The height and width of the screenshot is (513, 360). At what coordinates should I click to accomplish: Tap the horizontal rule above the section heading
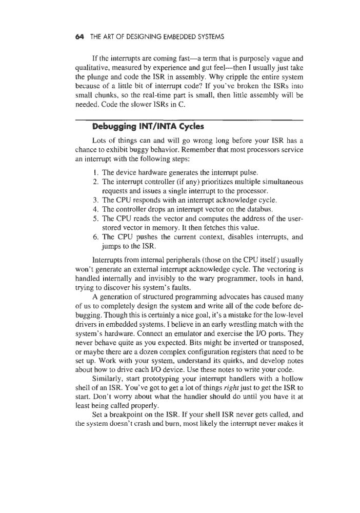190,120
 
